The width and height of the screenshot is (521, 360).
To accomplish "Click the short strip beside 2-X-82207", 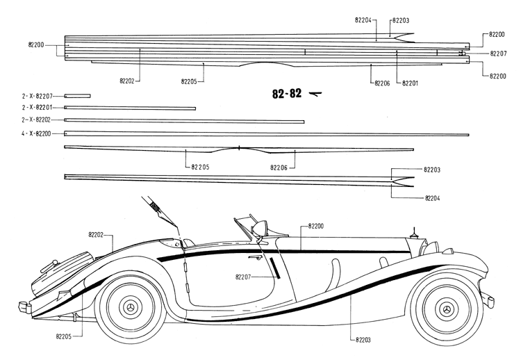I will coord(77,95).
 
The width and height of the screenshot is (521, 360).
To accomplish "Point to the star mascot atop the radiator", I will coord(414,230).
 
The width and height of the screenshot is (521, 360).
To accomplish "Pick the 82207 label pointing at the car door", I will coord(243,277).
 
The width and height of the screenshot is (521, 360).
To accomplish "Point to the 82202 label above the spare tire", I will coord(96,235).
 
